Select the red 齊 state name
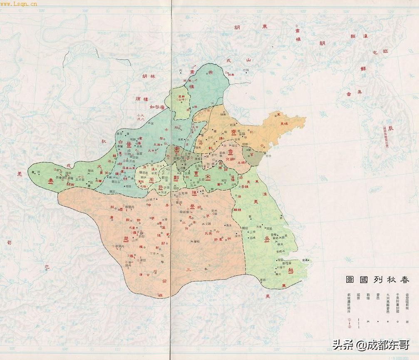[x=234, y=132]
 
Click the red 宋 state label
[x=208, y=177]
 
